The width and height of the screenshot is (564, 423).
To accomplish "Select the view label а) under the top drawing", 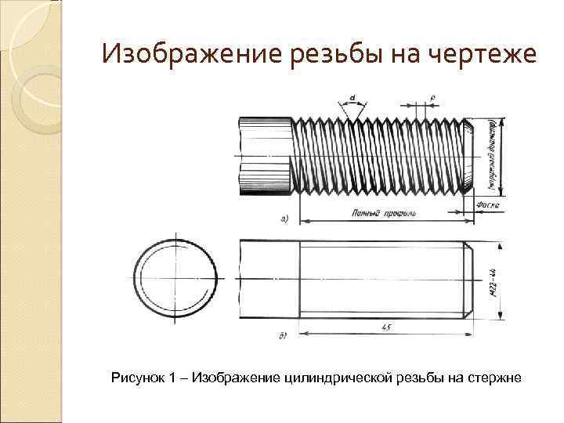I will tap(284, 219).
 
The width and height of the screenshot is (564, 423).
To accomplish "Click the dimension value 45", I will tap(385, 327).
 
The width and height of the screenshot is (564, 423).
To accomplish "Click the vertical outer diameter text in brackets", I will tap(491, 155).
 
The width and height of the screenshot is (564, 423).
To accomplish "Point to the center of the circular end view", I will tap(177, 278).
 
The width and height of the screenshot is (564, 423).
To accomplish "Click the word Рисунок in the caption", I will tap(136, 379).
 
